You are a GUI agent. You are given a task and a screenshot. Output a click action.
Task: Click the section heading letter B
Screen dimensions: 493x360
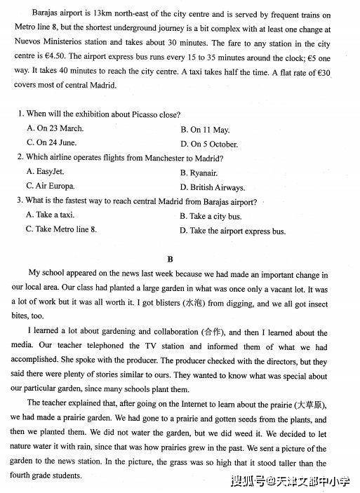180,257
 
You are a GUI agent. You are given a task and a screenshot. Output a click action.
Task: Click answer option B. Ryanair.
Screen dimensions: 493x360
199,173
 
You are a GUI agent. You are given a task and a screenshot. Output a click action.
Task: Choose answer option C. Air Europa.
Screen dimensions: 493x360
53,187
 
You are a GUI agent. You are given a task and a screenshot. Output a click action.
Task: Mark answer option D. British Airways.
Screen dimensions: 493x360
213,187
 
